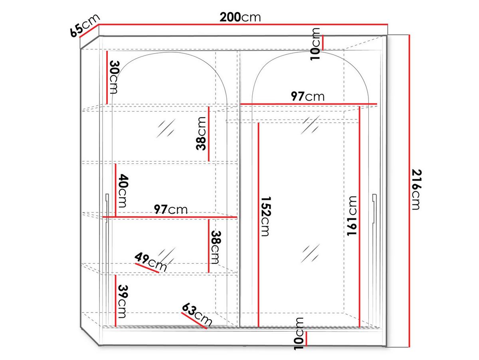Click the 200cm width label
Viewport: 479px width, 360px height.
click(x=240, y=17)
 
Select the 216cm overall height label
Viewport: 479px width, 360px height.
click(x=416, y=190)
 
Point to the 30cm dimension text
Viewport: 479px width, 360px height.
click(x=114, y=77)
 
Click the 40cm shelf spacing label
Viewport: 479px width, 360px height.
click(x=123, y=191)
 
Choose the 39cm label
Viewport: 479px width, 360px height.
click(x=123, y=301)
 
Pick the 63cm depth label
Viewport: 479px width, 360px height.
click(x=197, y=314)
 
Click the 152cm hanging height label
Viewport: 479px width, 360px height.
click(x=265, y=216)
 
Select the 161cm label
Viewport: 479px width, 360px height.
click(x=352, y=216)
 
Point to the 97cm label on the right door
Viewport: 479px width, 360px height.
click(x=307, y=96)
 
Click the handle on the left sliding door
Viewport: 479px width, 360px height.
click(x=107, y=208)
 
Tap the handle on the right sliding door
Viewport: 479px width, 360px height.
click(x=374, y=208)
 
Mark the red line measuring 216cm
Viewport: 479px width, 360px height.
click(x=410, y=191)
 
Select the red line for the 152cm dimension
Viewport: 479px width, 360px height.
click(x=258, y=225)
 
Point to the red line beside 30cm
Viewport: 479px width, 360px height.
click(x=107, y=78)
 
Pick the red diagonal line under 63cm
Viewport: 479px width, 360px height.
click(x=194, y=321)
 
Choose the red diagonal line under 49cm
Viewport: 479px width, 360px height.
click(x=147, y=268)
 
